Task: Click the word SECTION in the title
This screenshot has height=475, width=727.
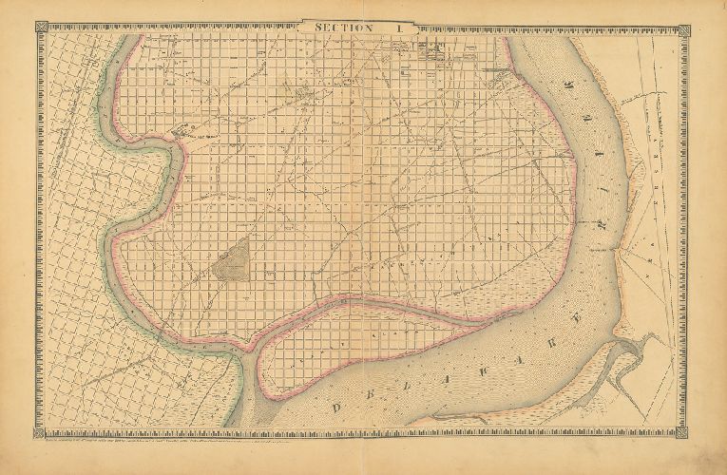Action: (346, 29)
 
